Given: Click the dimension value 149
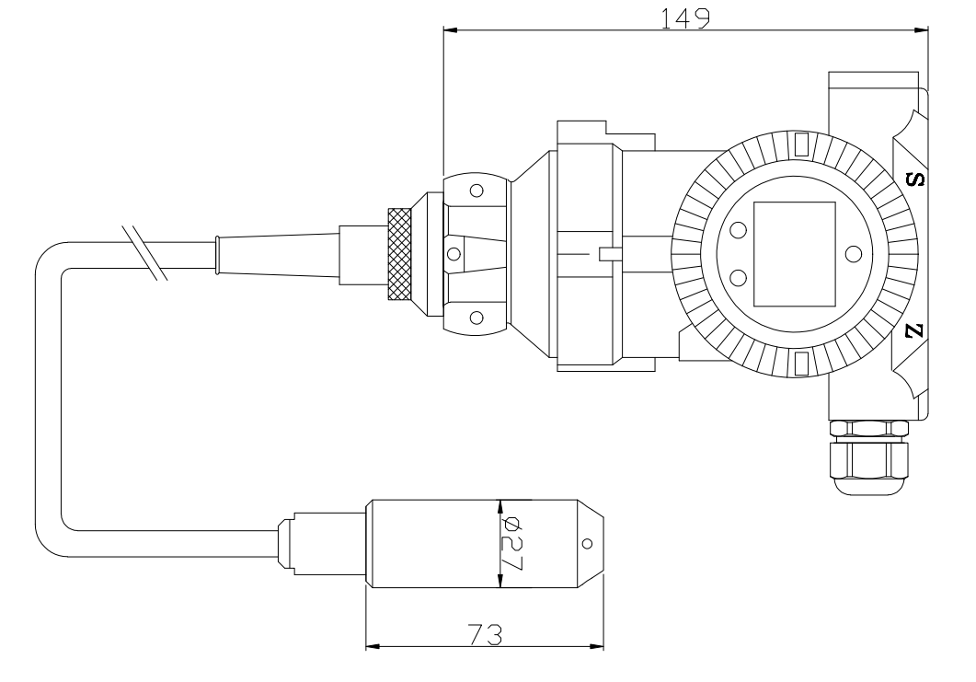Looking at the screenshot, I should coord(685,18).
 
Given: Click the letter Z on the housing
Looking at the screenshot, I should coord(913,332).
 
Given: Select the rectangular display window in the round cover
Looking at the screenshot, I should coord(794,255).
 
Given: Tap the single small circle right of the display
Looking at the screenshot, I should coord(853,254).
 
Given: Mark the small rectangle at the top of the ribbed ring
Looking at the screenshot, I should coord(801,144).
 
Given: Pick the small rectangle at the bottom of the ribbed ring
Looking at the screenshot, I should coord(801,364).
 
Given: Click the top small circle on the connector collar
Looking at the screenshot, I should coord(476,191).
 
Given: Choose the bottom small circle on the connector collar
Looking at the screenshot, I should coord(476,318).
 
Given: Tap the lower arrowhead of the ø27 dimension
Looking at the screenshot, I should coord(499,581).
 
